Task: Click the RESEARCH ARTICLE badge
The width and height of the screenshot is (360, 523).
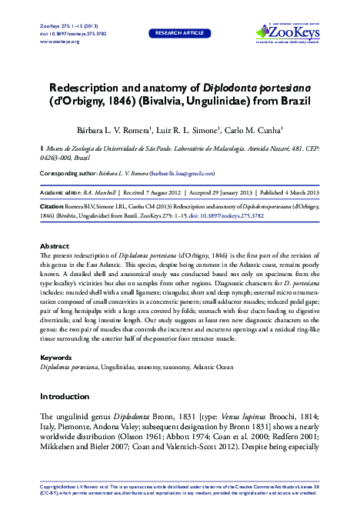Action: pyautogui.click(x=179, y=34)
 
